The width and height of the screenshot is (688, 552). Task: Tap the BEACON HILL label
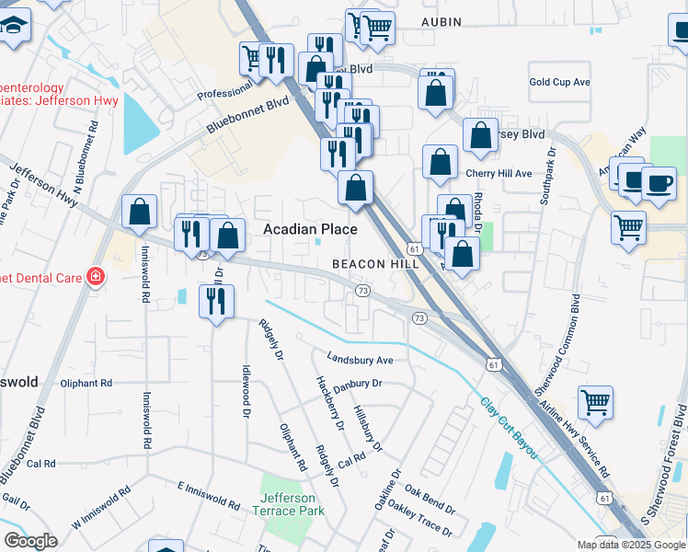click(x=375, y=264)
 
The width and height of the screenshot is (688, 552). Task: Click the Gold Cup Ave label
click(x=559, y=82)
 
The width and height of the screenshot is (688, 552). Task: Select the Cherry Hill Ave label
click(x=499, y=173)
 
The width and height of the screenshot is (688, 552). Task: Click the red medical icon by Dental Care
click(x=95, y=276)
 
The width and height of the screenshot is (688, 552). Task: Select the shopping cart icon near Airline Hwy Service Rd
click(x=595, y=401)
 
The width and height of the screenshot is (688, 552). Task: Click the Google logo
click(x=31, y=541)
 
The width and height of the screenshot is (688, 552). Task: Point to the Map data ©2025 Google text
click(x=630, y=545)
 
